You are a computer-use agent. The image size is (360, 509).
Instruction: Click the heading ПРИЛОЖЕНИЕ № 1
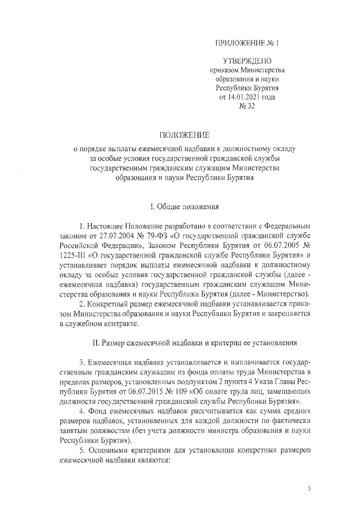click(247, 43)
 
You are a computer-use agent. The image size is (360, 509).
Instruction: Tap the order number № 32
click(247, 106)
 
